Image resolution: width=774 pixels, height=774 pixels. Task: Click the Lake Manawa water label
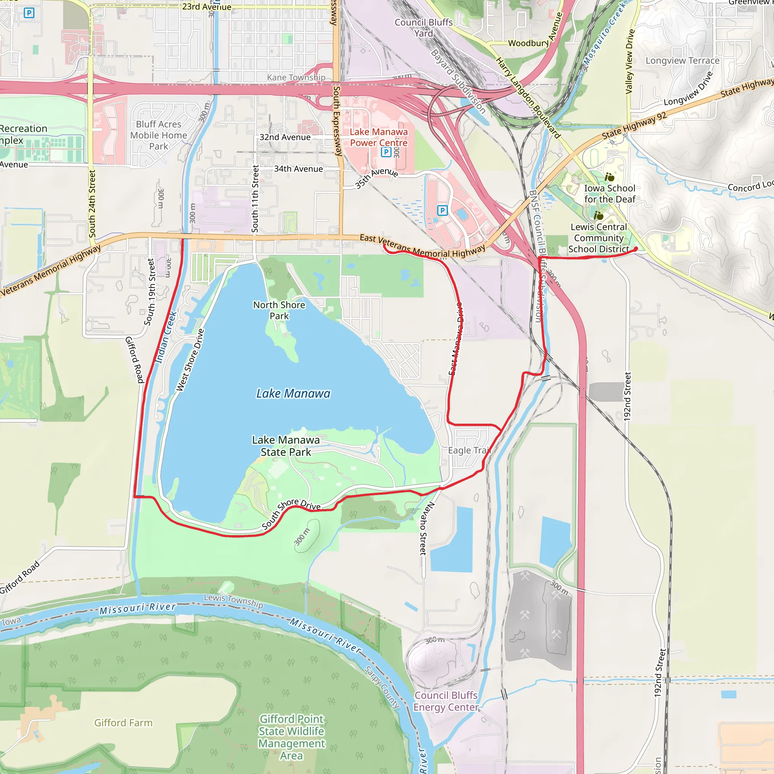(x=293, y=394)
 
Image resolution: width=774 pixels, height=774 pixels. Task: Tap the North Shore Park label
(x=279, y=311)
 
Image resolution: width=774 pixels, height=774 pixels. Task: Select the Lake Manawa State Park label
(x=286, y=446)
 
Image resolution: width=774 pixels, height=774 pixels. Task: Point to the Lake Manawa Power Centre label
(x=379, y=138)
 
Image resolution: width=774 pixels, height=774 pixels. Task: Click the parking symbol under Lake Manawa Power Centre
(x=386, y=152)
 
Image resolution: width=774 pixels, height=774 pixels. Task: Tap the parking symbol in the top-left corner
(x=29, y=13)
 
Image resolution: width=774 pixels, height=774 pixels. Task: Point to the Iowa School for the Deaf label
(x=609, y=194)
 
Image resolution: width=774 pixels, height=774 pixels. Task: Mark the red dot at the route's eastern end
(x=636, y=249)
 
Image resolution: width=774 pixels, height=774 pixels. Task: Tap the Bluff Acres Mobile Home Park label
(x=159, y=135)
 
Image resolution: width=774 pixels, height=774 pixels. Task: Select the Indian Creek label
(x=166, y=337)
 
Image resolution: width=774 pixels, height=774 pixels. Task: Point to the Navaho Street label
(x=427, y=528)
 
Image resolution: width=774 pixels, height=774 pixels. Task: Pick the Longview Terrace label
(x=683, y=61)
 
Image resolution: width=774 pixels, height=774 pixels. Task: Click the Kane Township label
(x=296, y=77)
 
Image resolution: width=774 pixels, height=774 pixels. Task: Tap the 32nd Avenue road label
(x=285, y=138)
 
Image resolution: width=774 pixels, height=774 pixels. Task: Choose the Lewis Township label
(x=234, y=601)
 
